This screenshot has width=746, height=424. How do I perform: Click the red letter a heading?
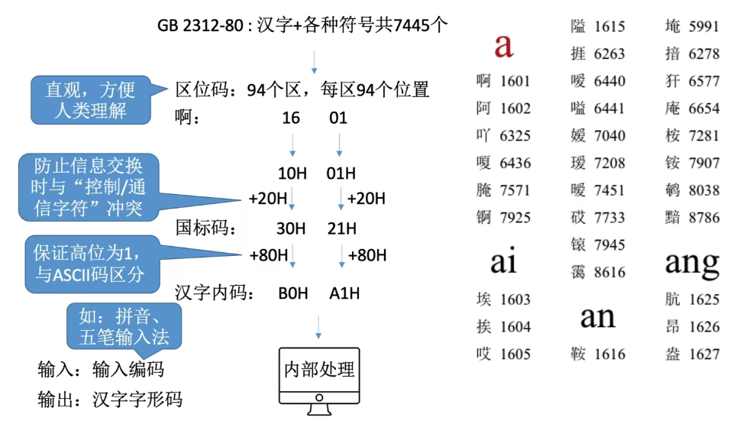click(503, 45)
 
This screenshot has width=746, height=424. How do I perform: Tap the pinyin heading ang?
click(692, 264)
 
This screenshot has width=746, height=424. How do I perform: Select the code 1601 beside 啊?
click(515, 81)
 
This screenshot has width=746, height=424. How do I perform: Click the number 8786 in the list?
click(703, 218)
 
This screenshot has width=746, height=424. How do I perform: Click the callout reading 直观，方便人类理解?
click(89, 100)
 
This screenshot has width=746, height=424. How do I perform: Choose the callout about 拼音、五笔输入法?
click(124, 326)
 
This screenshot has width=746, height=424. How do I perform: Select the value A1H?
click(344, 293)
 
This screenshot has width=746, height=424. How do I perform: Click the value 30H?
click(291, 228)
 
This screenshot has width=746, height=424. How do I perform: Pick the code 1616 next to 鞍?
click(609, 354)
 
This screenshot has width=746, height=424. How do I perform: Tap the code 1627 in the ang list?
click(703, 354)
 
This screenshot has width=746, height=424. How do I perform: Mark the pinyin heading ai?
click(503, 262)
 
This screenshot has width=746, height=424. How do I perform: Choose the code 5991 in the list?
click(703, 27)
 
